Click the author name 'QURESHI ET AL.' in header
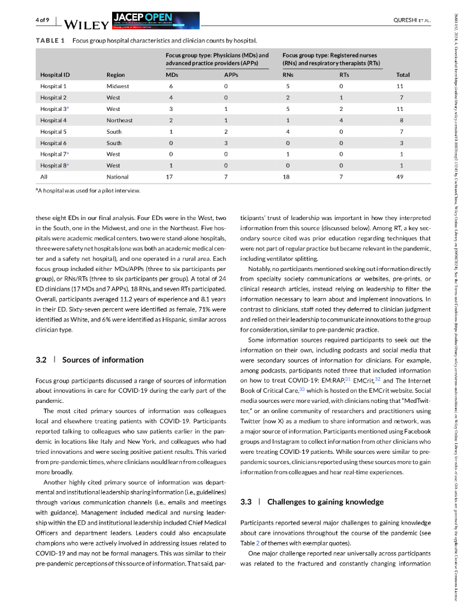411,20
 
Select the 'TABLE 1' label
50,41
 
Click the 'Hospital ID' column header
55,75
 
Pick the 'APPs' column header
231,75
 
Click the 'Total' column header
403,75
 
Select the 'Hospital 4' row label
53,120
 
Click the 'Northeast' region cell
120,120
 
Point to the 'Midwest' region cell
117,86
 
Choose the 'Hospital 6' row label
53,143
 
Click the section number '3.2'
41,360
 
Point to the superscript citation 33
302,387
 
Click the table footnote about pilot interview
88,191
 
